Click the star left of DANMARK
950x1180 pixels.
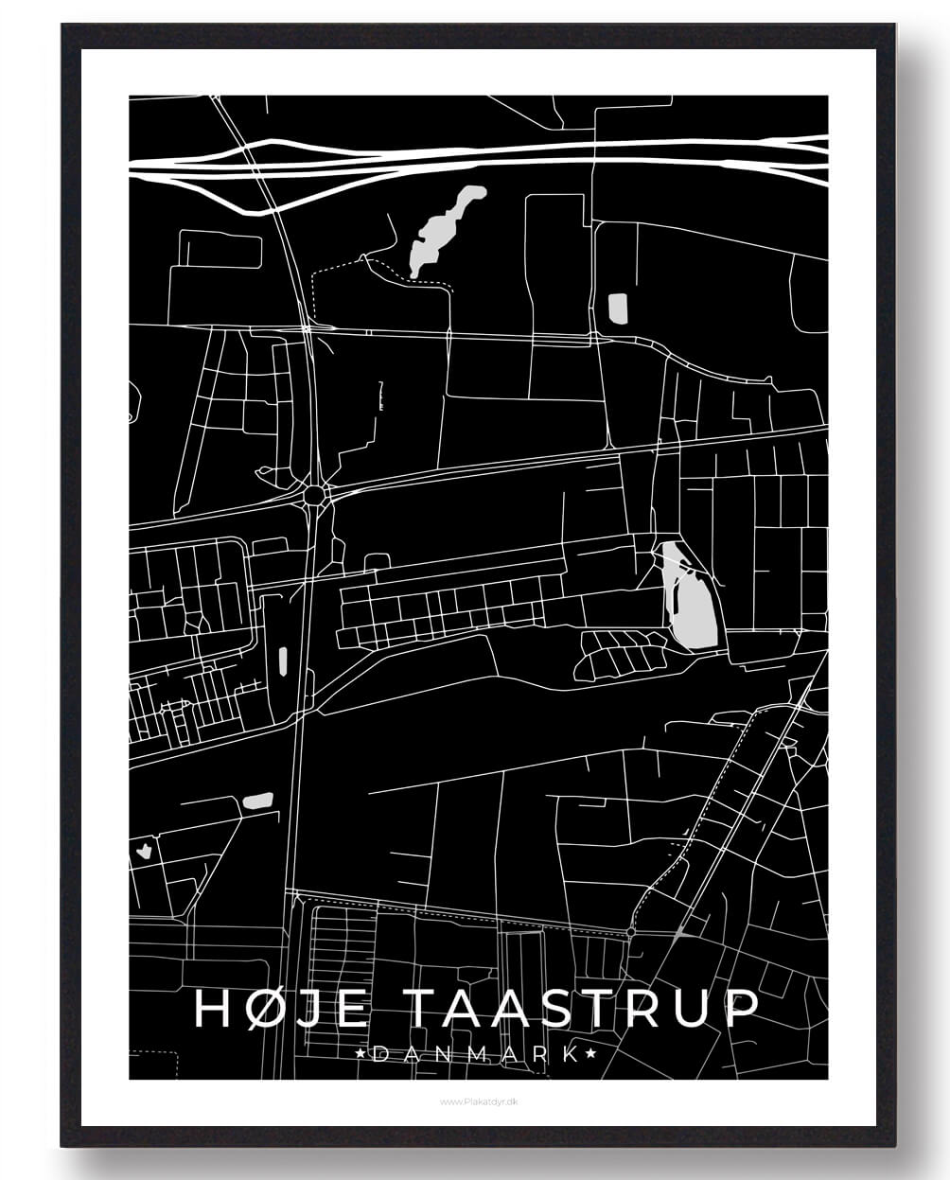click(360, 1053)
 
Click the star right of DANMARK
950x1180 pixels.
click(591, 1053)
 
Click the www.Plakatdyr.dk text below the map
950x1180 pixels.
click(476, 1101)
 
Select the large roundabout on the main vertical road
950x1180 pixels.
click(315, 493)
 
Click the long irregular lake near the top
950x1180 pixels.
click(441, 230)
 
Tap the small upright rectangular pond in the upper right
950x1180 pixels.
click(617, 308)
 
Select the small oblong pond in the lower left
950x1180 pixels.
click(257, 801)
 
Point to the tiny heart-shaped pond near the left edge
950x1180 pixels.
click(144, 849)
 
